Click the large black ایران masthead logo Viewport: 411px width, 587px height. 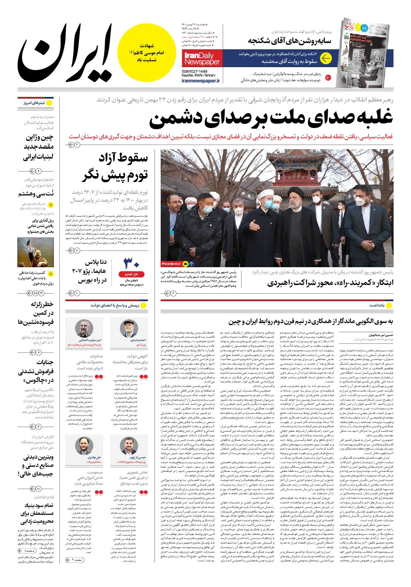tap(66, 52)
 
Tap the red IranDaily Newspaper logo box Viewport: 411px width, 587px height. tap(202, 58)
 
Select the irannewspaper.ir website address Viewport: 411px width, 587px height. tap(201, 81)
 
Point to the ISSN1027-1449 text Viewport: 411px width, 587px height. tap(194, 72)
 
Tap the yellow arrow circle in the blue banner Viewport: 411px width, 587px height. tap(326, 58)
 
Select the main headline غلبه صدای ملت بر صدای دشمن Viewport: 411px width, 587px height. tap(271, 118)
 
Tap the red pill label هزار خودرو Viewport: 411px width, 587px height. tap(131, 274)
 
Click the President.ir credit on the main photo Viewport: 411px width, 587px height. tap(172, 263)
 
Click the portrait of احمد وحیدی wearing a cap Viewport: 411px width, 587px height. tap(129, 329)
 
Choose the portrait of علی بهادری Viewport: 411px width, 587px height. tap(85, 446)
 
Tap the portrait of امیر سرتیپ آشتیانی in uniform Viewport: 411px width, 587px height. tap(85, 329)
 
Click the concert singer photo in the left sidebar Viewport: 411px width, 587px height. tap(36, 253)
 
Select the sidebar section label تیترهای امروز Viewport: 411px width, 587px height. tap(35, 103)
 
